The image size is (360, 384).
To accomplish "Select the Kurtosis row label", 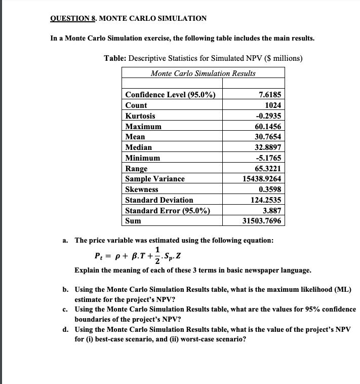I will coord(140,116).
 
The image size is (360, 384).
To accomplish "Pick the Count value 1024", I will coord(273,105).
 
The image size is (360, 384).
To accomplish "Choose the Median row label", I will coord(139,147).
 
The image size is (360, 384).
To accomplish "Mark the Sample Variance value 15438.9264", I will coord(262,179).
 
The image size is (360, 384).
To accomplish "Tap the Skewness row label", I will coord(142,189).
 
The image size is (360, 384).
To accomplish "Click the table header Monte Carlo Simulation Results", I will coord(203,73).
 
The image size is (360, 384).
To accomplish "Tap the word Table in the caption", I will coord(114,58).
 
